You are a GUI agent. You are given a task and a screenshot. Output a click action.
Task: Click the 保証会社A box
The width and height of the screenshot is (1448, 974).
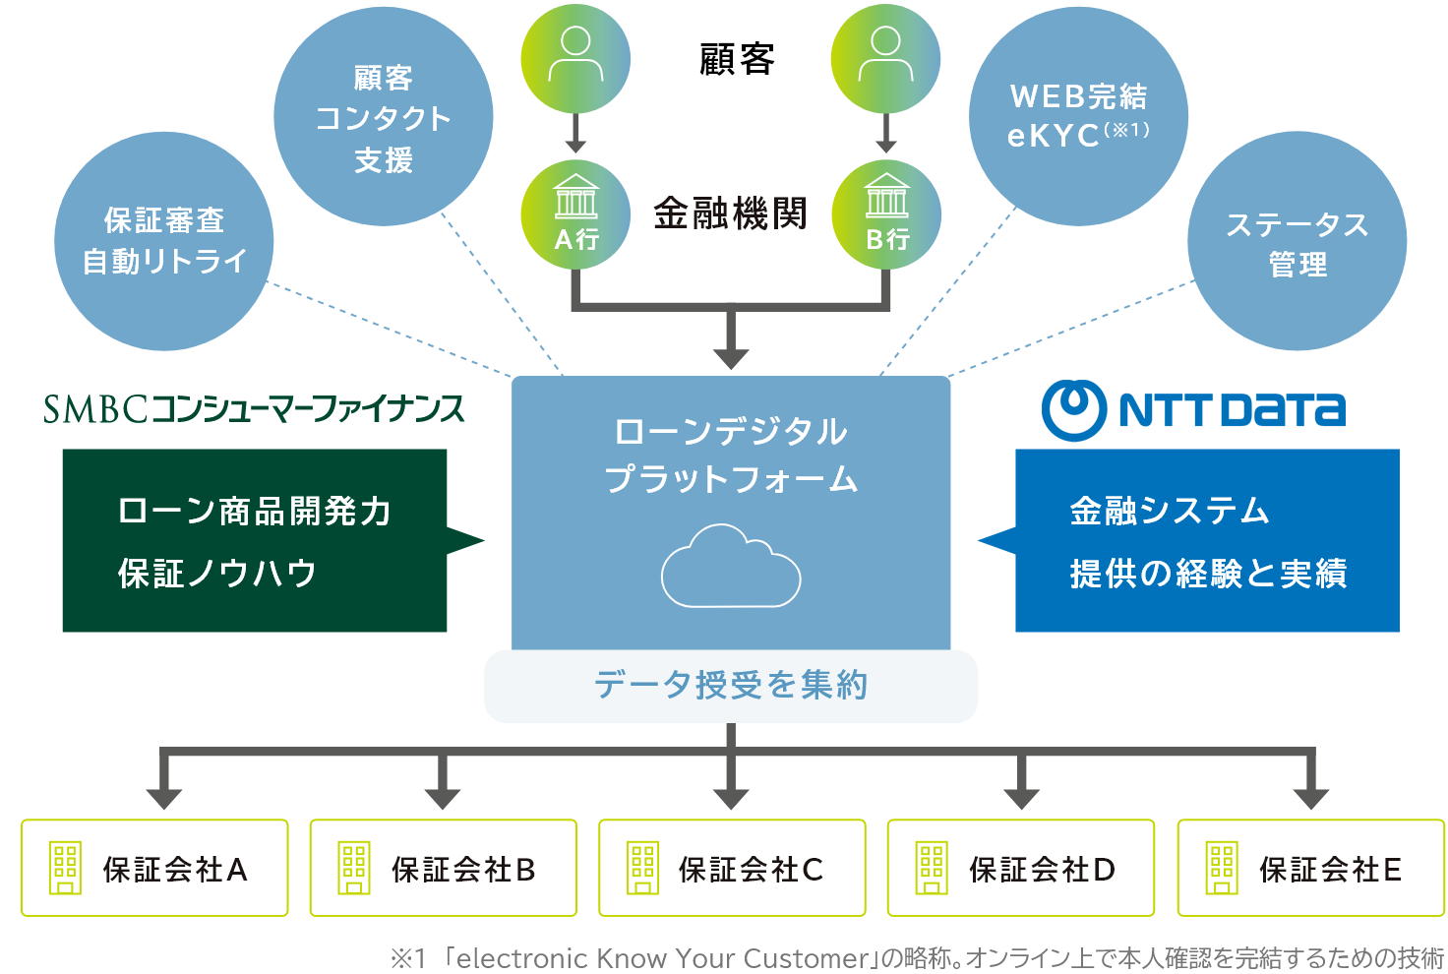154,868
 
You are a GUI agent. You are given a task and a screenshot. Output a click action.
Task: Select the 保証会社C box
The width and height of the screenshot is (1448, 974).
732,868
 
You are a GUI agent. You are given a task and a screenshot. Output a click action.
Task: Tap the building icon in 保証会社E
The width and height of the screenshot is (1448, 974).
1222,868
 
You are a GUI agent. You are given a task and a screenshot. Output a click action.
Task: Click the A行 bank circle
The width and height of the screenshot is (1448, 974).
575,214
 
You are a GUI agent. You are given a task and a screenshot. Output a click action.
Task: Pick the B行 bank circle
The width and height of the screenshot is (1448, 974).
886,214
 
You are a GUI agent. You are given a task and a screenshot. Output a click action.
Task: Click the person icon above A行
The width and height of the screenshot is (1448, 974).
575,58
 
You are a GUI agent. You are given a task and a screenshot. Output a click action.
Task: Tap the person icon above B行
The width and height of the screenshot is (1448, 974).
885,58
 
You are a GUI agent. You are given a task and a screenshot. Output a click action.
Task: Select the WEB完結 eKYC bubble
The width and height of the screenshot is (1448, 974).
1078,116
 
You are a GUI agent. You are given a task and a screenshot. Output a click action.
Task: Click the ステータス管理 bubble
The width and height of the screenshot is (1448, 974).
1297,242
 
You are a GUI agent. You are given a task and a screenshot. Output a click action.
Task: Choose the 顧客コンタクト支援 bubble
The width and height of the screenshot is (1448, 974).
383,118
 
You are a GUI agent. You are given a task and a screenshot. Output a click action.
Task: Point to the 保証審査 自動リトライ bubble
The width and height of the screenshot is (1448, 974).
164,242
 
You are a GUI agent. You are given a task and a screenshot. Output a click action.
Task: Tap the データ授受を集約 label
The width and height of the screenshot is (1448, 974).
730,685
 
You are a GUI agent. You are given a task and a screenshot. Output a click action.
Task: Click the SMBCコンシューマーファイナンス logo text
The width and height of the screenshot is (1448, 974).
254,408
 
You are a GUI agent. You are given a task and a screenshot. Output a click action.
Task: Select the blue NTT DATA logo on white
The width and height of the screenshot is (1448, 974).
1198,410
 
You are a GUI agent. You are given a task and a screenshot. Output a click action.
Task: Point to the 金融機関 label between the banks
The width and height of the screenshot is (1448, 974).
730,213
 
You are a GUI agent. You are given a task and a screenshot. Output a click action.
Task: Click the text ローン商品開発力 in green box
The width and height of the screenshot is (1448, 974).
255,511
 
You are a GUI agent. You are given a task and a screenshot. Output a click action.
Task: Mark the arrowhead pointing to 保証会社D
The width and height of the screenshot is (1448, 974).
1021,796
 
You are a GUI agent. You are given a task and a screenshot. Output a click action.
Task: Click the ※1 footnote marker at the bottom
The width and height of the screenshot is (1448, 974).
407,958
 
